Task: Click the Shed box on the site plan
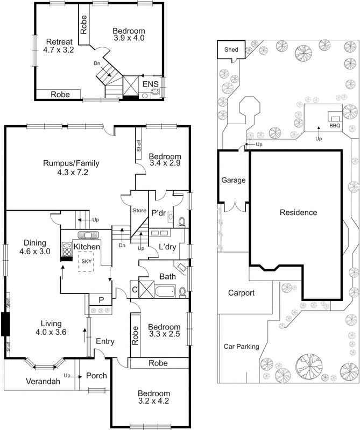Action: (x=231, y=49)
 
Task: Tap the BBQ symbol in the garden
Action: (x=335, y=120)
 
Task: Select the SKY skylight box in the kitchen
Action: (x=86, y=264)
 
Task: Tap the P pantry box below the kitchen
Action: (x=100, y=300)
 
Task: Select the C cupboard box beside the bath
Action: (x=134, y=290)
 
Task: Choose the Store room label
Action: (x=139, y=210)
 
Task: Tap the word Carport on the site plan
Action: (x=241, y=293)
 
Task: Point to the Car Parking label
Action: (x=241, y=347)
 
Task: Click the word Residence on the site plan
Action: (x=298, y=212)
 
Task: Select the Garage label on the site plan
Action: (x=234, y=180)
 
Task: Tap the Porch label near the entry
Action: (x=96, y=376)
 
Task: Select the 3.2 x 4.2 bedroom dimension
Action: (x=153, y=401)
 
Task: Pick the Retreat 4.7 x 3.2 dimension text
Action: (x=58, y=49)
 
